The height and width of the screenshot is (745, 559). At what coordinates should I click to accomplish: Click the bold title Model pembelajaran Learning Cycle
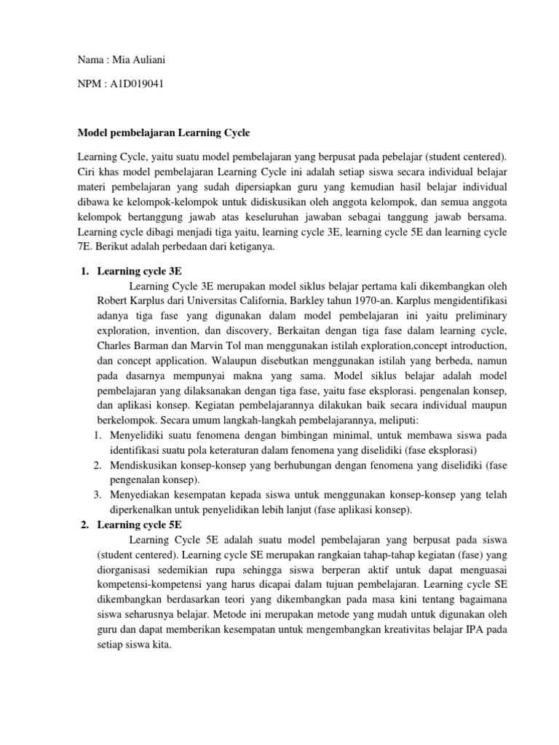click(x=163, y=133)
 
